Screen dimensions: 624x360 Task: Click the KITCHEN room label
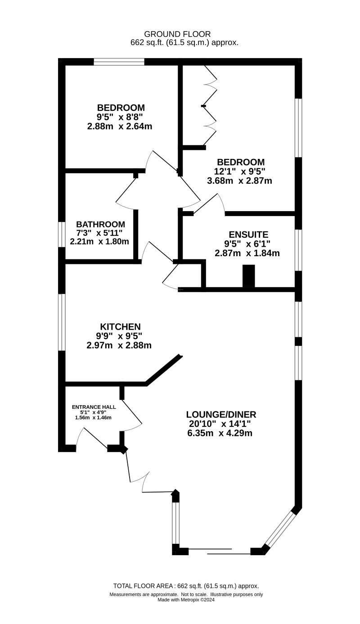pos(120,327)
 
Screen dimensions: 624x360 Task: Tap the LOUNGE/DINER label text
pos(221,415)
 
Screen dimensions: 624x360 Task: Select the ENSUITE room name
pos(248,235)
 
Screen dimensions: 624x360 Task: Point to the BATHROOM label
pos(100,224)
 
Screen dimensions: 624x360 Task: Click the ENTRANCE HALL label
pos(94,407)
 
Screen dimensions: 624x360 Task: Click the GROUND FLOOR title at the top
pos(177,34)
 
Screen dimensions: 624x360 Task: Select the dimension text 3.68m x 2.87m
pos(239,181)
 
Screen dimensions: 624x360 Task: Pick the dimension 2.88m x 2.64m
pos(120,127)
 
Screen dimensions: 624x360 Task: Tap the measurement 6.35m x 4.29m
pos(219,434)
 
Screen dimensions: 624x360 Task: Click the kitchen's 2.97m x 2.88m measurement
pos(119,346)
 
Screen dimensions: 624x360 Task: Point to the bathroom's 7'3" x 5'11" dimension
pos(99,233)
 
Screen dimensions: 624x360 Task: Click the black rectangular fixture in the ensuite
pos(249,276)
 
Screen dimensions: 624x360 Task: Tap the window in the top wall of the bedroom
pos(119,62)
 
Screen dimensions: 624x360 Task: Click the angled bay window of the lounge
pos(280,529)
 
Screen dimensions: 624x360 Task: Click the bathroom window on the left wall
pos(62,234)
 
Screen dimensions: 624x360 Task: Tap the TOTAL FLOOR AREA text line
pos(186,586)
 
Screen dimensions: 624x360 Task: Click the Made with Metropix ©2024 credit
pos(186,600)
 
